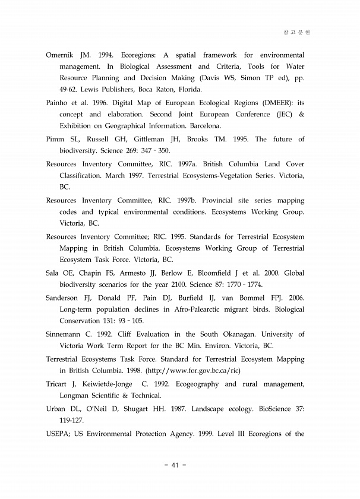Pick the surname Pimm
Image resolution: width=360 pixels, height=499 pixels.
55,139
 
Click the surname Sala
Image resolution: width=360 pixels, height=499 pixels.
54,273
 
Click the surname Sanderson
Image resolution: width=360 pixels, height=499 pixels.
62,298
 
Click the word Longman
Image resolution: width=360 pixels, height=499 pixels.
77,396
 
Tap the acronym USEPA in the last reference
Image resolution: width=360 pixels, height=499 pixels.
58,433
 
